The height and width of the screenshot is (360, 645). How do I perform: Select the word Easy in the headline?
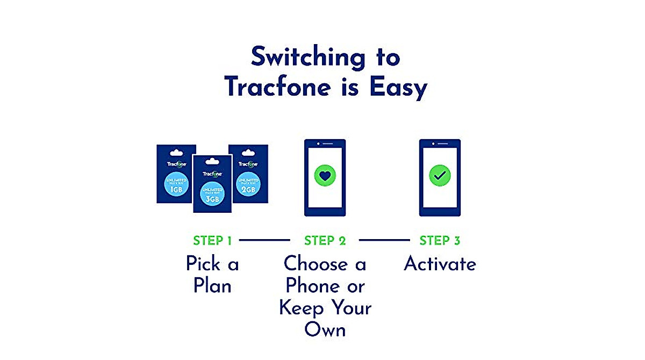[x=398, y=87]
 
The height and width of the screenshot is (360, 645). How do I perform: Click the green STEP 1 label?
[x=212, y=241]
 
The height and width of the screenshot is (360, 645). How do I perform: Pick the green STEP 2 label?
[x=325, y=241]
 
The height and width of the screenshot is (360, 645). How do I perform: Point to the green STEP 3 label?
[x=440, y=241]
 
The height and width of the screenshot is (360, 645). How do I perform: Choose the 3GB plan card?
[x=212, y=185]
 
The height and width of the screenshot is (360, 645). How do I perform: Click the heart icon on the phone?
[x=325, y=175]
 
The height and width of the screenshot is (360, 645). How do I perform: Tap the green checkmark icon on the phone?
[x=440, y=175]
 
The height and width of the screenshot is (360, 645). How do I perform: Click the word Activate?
[x=440, y=264]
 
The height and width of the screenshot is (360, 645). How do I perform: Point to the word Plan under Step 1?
[x=212, y=286]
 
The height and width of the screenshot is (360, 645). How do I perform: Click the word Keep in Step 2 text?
[x=302, y=308]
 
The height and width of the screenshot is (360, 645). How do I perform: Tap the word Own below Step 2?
[x=325, y=330]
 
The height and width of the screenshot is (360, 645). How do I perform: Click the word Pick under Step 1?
[x=203, y=264]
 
